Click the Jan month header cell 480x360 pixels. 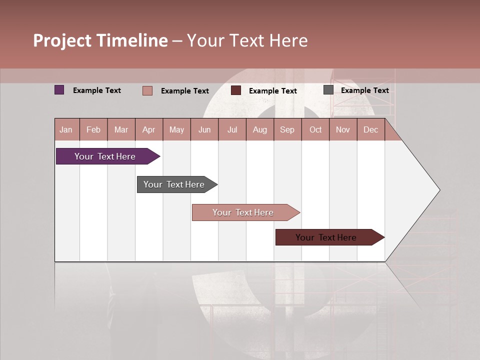66,130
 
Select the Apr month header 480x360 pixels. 149,130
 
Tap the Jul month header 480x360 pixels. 232,130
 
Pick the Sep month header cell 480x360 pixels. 287,130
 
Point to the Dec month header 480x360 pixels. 371,130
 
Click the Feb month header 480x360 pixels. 93,130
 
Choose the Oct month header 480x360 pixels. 315,130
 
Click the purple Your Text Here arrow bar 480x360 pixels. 105,156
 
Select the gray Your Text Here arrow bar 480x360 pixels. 174,184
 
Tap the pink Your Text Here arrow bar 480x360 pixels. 243,212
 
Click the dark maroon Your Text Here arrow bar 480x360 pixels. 326,237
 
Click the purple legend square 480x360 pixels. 59,90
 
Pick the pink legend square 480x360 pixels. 147,90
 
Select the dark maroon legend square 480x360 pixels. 236,90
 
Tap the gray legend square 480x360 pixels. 328,90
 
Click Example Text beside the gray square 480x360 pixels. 364,90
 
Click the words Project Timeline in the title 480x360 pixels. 100,40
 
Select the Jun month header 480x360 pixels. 204,130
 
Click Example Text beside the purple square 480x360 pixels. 97,90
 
